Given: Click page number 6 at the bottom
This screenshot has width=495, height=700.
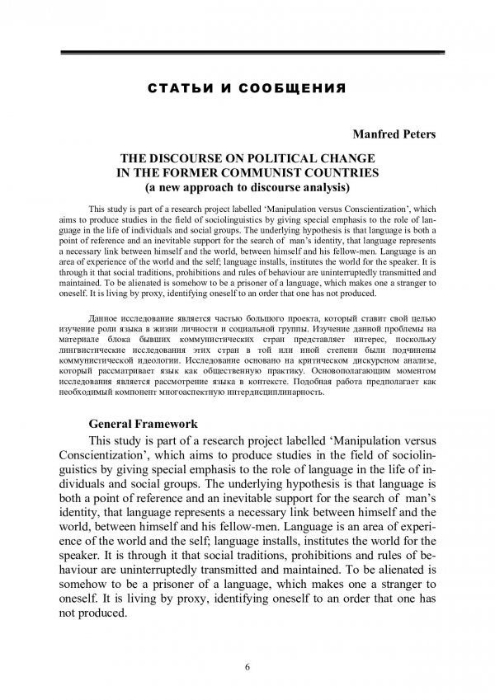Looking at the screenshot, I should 247,666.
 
